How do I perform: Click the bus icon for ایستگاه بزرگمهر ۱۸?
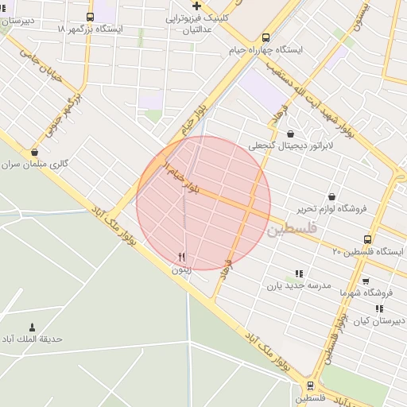(x=90, y=17)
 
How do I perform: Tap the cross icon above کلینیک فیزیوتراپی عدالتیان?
(x=196, y=6)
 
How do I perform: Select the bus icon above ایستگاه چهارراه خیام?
(x=266, y=37)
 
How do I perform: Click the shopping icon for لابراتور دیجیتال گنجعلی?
(x=289, y=134)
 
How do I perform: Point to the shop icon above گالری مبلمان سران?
(x=34, y=152)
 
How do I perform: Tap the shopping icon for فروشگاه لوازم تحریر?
(x=331, y=196)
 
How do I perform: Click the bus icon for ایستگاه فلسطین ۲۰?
(x=367, y=239)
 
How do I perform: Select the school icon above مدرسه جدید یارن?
(x=299, y=273)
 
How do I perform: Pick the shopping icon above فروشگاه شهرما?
(x=365, y=281)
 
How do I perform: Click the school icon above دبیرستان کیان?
(x=379, y=308)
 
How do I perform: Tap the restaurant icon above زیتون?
(x=182, y=257)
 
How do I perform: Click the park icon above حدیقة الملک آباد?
(x=32, y=327)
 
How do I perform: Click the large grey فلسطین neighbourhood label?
(x=292, y=230)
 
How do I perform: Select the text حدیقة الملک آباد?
(x=32, y=339)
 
